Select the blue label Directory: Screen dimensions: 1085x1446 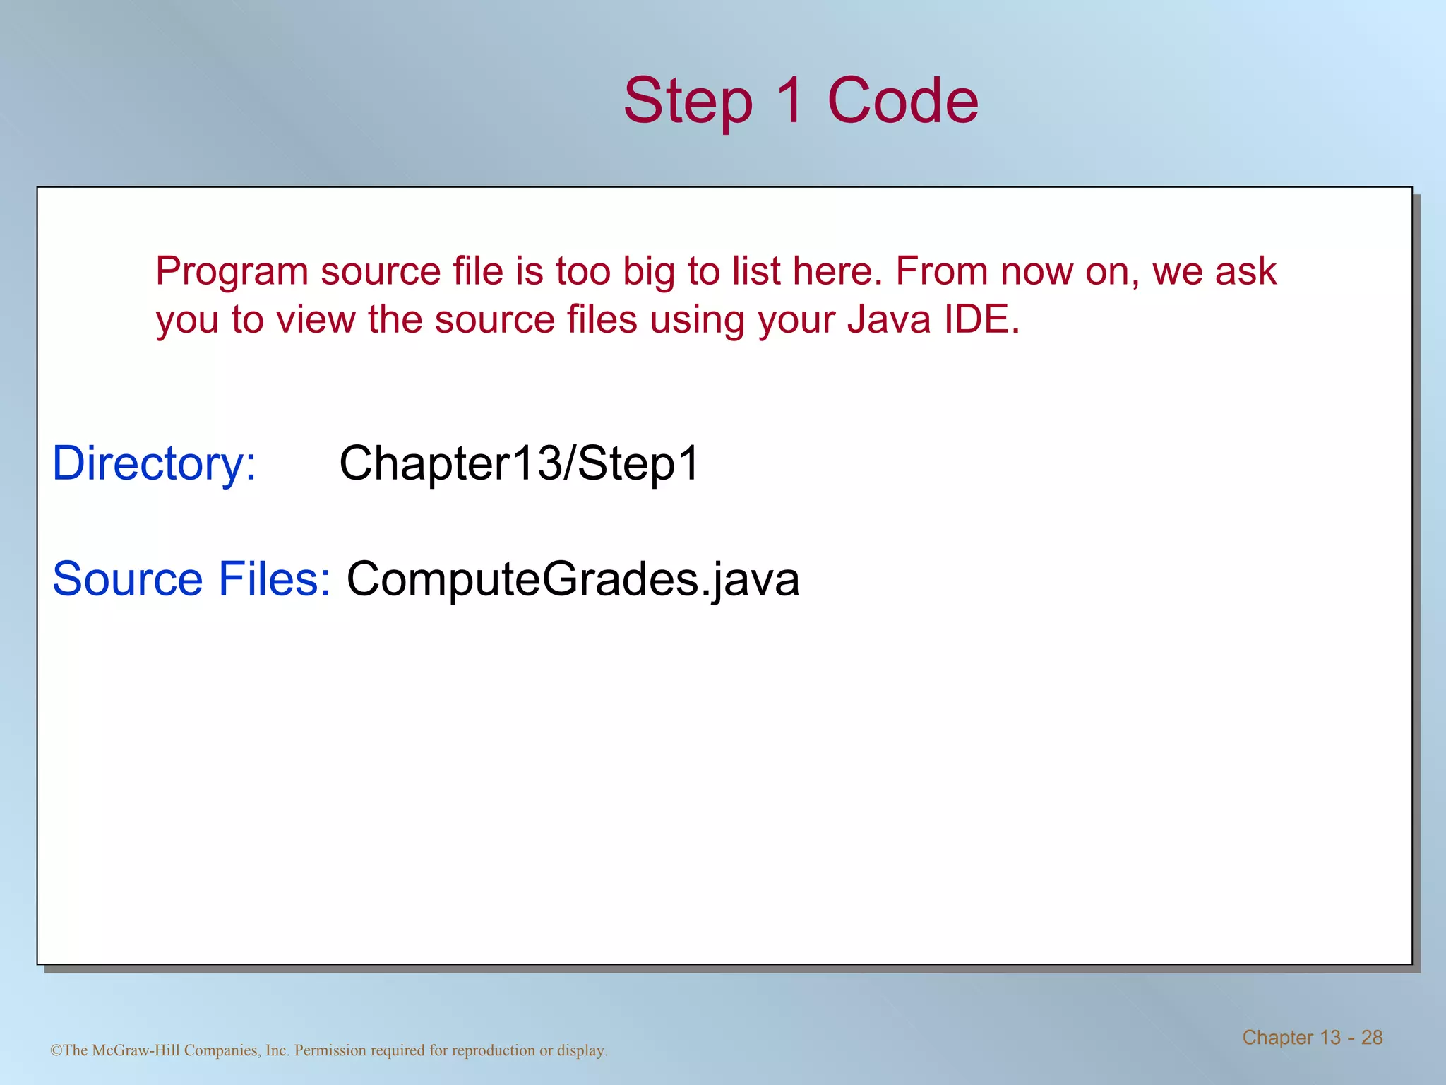coord(155,464)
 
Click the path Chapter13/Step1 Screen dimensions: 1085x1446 coord(519,464)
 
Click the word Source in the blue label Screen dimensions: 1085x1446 coord(128,579)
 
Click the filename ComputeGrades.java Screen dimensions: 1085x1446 coord(573,579)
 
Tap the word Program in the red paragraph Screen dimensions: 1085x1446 coord(232,272)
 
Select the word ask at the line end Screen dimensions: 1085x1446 coord(1249,272)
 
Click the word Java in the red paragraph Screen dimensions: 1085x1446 coord(889,320)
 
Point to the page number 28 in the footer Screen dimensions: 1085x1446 coord(1371,1038)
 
